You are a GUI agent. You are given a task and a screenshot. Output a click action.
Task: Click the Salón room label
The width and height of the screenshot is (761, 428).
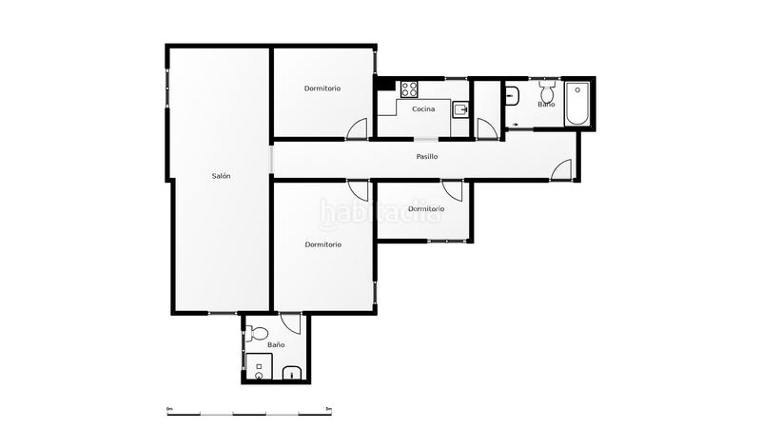pos(221,176)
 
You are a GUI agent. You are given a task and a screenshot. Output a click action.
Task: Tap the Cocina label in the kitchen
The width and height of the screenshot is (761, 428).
pos(423,109)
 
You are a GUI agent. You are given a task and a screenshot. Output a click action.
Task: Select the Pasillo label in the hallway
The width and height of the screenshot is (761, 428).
pos(427,156)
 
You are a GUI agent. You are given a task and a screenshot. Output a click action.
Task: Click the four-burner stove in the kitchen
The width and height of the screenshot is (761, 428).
pos(410,89)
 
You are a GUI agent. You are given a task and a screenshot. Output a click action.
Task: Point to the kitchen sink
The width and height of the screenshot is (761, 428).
pos(460,109)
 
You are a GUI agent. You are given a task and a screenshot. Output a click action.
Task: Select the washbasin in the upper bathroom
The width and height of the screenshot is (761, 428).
pos(512,94)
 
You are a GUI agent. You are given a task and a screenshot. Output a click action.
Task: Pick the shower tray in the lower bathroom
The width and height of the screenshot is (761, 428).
pos(259,367)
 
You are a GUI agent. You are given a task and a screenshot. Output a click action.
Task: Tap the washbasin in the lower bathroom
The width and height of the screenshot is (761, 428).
pos(294,374)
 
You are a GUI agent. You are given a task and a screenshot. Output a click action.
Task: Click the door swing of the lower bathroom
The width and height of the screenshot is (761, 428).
pos(292,323)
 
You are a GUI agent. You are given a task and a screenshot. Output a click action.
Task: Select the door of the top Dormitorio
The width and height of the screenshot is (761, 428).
pos(357,130)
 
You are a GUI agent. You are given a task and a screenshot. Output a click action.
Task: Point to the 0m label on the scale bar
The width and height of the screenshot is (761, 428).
pos(169,409)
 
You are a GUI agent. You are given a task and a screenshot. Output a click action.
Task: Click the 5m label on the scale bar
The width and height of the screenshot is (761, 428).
pos(328,409)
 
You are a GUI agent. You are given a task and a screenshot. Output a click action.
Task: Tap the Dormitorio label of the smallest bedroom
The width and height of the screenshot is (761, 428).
pos(425,208)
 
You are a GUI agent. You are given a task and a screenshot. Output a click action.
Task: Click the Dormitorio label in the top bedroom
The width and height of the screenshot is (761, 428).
pos(322,88)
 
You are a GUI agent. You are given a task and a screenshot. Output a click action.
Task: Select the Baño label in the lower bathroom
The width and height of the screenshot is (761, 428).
pos(276,344)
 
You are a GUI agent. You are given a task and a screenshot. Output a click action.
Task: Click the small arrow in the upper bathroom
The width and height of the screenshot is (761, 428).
pos(515,124)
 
